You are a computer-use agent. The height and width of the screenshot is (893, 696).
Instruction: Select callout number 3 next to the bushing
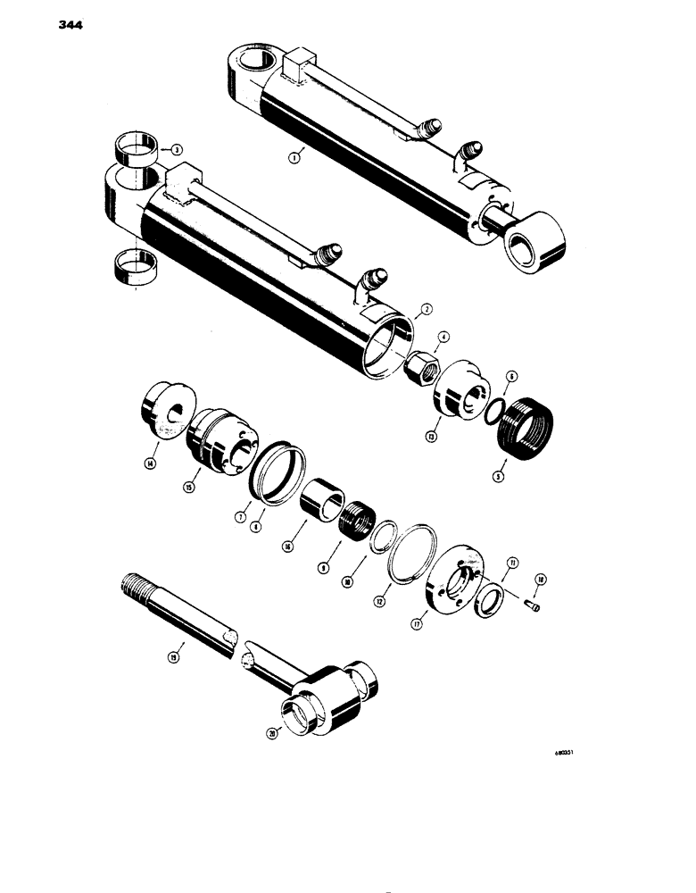tap(177, 149)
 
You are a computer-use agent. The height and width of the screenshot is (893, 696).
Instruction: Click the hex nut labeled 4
tap(418, 366)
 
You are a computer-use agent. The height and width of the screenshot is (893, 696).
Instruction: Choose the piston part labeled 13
tap(460, 392)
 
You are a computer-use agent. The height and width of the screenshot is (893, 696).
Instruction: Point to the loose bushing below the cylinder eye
tap(132, 264)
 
